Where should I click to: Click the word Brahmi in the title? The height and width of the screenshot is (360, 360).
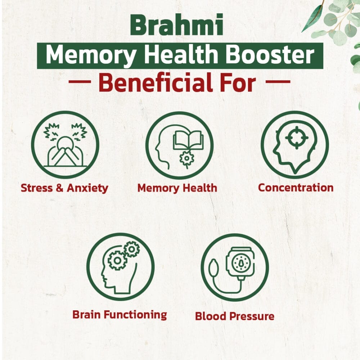(176, 24)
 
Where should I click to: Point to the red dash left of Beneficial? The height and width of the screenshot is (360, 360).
(80, 81)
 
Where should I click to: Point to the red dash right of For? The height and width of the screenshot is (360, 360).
(278, 81)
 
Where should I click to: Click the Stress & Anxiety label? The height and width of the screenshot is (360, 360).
(64, 188)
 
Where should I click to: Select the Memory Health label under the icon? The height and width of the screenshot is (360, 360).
(177, 188)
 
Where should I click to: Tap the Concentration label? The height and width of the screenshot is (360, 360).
(296, 188)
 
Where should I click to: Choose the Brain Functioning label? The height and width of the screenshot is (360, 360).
(120, 315)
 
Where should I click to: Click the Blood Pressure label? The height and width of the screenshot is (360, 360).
(235, 316)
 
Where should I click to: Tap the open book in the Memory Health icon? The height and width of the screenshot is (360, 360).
(188, 140)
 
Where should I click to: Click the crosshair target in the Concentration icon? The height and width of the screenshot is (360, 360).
(297, 138)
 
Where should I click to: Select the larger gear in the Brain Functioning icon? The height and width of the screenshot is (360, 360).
(117, 260)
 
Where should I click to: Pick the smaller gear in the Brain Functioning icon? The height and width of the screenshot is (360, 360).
(132, 249)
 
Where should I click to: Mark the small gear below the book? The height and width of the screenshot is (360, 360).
(186, 158)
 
